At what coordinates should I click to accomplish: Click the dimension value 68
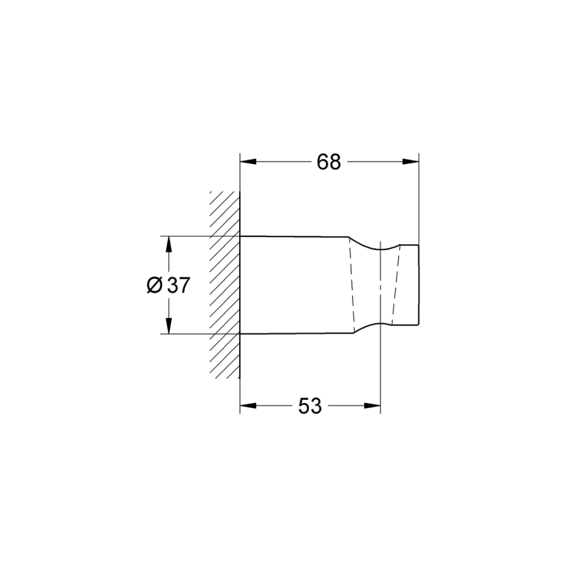329,162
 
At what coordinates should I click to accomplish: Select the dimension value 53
310,406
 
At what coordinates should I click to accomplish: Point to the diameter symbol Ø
154,285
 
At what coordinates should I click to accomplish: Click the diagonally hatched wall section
225,285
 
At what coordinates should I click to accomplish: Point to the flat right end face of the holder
418,285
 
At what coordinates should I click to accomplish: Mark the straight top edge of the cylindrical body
294,236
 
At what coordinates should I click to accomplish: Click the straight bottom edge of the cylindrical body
294,334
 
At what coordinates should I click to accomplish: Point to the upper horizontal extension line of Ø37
196,236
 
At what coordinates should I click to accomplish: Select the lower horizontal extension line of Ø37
196,334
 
